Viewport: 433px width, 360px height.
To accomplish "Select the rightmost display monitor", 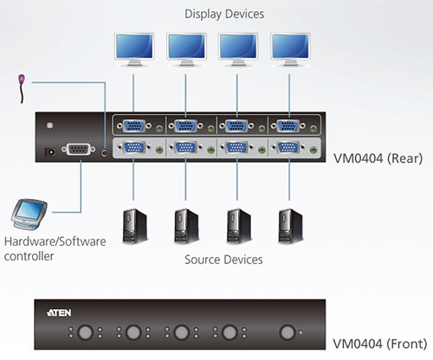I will (x=288, y=49).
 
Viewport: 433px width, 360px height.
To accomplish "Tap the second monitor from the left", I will (x=185, y=49).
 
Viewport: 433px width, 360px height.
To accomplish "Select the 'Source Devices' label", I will (x=223, y=259).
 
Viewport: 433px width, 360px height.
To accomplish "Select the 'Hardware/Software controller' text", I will (x=55, y=247).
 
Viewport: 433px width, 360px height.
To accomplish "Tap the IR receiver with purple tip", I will (x=21, y=83).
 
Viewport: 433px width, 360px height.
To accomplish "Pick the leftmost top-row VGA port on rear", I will (x=134, y=125).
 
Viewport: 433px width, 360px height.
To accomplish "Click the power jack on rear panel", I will (x=49, y=151).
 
